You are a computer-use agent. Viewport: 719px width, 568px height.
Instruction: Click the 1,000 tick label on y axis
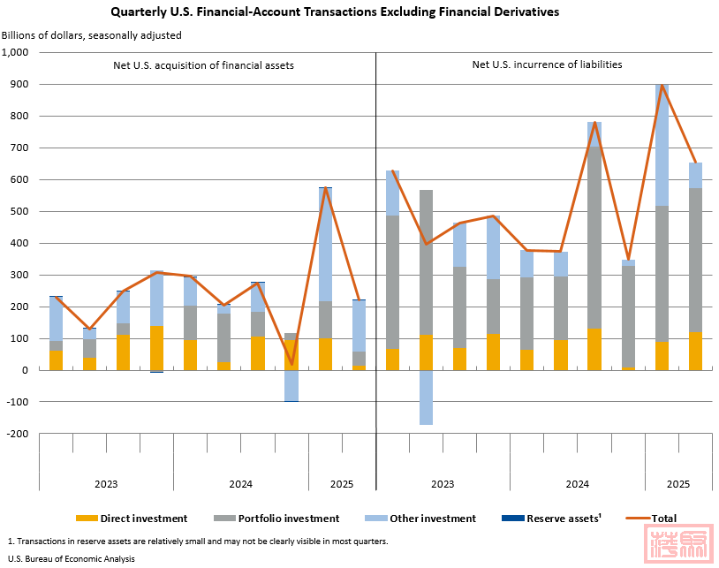[x=16, y=52]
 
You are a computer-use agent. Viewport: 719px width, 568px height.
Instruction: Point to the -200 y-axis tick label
[x=18, y=434]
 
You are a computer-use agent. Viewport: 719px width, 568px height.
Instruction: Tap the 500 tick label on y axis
[x=20, y=211]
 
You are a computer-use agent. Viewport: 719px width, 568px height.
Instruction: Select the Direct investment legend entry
[x=132, y=519]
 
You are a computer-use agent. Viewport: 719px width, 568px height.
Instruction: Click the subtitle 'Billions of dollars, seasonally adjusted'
[x=92, y=35]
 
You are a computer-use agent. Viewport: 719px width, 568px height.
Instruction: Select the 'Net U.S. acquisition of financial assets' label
[x=203, y=65]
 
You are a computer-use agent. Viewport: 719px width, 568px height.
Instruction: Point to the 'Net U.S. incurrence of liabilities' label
[x=547, y=64]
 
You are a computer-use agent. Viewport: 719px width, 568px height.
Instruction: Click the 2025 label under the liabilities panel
[x=677, y=484]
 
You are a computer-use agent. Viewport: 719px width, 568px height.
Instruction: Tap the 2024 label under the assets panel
[x=240, y=484]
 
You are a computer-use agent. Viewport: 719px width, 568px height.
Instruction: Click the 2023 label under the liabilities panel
[x=443, y=484]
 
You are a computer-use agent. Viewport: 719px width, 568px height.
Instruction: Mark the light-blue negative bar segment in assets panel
[x=291, y=385]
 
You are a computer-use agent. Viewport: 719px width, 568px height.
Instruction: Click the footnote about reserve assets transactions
[x=197, y=541]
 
